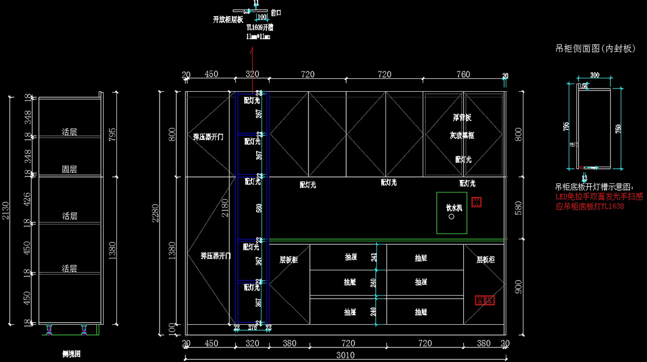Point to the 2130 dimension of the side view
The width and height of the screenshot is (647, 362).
6,210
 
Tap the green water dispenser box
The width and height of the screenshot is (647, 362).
451,213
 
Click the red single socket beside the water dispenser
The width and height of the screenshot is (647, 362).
476,202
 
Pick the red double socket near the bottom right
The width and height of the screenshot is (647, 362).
484,300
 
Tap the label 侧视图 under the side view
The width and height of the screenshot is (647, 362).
72,354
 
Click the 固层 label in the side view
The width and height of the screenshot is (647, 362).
69,169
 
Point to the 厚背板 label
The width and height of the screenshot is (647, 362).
462,117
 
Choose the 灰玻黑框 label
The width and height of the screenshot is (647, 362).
462,136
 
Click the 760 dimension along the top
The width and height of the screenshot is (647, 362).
463,74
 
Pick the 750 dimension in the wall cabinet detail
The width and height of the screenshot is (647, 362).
618,129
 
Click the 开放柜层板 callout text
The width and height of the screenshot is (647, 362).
228,19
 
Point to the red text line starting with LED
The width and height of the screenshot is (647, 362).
599,197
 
